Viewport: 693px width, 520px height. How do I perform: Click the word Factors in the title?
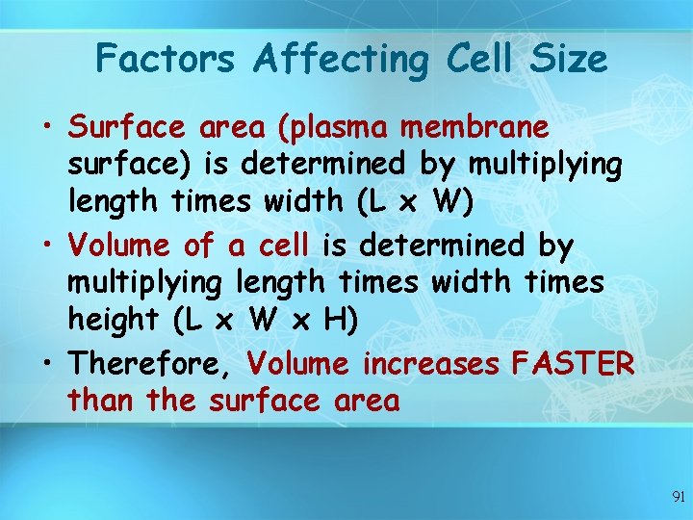point(165,59)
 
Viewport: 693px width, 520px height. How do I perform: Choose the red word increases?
point(430,364)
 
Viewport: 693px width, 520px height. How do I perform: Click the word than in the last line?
point(101,400)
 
